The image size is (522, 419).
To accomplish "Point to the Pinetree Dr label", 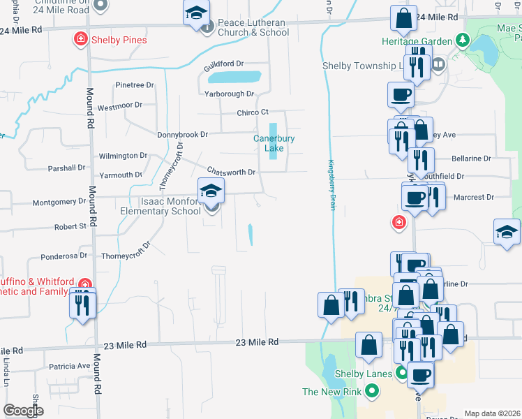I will (x=135, y=85).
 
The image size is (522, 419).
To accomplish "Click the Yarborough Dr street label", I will (x=229, y=94).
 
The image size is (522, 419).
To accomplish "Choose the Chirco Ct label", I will (x=253, y=112).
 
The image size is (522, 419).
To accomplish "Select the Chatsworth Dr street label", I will (x=232, y=171).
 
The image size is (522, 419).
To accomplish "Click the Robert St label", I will (x=70, y=226).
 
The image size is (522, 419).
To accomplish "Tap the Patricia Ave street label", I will (x=70, y=366).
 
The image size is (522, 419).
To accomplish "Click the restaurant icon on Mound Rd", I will (x=83, y=304).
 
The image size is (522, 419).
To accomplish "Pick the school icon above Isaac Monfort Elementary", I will (x=211, y=190).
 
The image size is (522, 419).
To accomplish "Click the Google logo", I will (x=24, y=411).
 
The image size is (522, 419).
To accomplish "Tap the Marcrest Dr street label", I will (x=473, y=198).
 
